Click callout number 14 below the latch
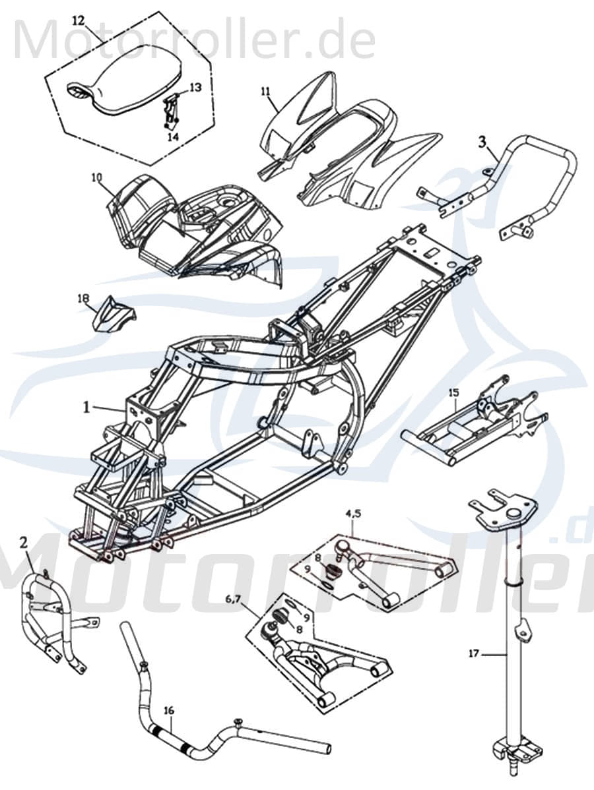click(172, 137)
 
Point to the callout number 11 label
click(265, 92)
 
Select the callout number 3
click(482, 141)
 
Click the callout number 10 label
click(97, 177)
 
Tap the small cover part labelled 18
click(114, 315)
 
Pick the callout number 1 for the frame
click(86, 408)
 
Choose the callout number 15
click(453, 392)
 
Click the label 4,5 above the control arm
click(352, 512)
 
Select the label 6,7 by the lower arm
click(234, 599)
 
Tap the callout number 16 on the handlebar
click(169, 710)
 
